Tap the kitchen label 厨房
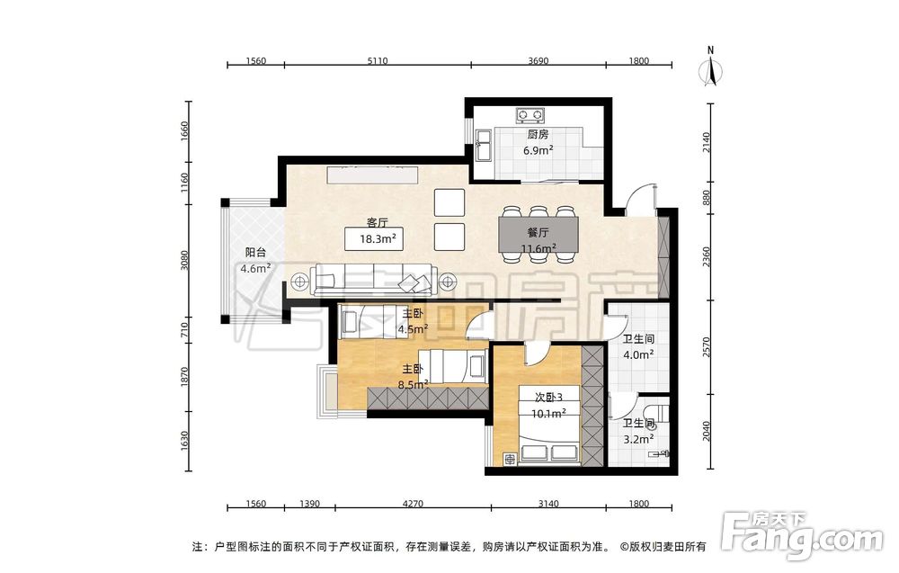(x=538, y=134)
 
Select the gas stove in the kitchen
(x=530, y=115)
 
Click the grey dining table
(x=539, y=234)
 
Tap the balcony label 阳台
(x=255, y=252)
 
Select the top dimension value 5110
(x=378, y=61)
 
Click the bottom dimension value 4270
(x=413, y=504)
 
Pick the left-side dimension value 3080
(x=184, y=260)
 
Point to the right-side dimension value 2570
(x=707, y=347)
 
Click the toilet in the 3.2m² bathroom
(x=656, y=413)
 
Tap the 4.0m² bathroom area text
(x=638, y=355)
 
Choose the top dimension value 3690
(x=539, y=61)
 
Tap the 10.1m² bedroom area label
(x=548, y=414)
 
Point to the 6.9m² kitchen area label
(x=538, y=150)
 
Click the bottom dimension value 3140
(x=548, y=504)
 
